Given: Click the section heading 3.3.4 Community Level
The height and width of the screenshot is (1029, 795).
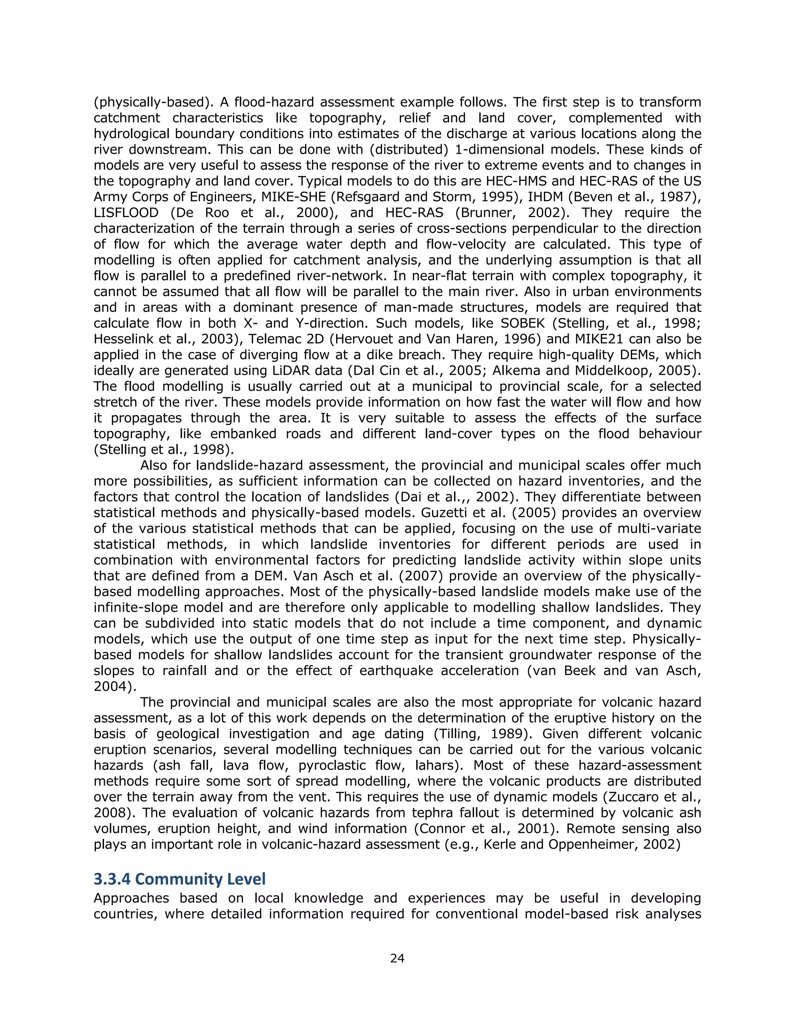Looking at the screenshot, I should pos(179,879).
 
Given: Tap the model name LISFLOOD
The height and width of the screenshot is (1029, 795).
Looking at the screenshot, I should pos(126,212).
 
